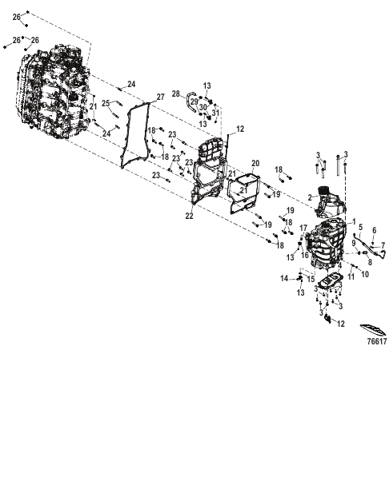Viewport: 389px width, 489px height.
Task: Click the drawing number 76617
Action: coord(377,341)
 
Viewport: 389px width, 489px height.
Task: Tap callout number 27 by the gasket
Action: coord(160,97)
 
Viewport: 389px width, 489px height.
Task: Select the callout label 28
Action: coord(176,93)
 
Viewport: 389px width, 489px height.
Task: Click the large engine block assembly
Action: coord(51,92)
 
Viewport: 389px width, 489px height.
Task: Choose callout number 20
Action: coord(255,163)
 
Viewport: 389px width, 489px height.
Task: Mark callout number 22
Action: coord(190,216)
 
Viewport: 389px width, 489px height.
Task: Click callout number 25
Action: coord(106,103)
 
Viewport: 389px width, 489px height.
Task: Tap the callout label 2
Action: coord(310,197)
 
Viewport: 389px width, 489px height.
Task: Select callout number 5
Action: coord(360,227)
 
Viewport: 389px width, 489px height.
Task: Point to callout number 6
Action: coord(375,230)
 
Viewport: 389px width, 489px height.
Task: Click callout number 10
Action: coord(365,274)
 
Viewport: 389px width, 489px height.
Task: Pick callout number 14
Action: coord(284,278)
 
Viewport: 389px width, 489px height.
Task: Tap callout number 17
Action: coord(303,228)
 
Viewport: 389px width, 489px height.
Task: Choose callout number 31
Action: coord(215,113)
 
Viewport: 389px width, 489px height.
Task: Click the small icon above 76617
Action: coord(373,330)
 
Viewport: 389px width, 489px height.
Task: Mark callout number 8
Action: coord(370,262)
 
